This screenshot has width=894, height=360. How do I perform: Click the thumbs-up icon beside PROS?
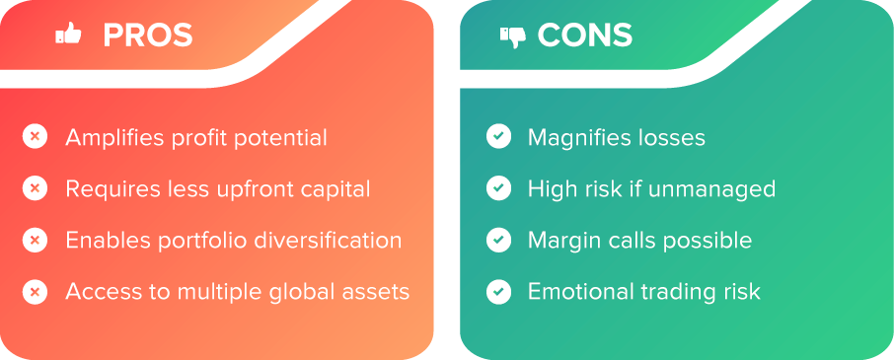(x=68, y=36)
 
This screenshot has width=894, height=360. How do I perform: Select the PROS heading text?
(x=148, y=36)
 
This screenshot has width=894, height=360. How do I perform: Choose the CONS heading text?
(x=585, y=36)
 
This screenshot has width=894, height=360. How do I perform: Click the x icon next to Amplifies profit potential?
(x=35, y=137)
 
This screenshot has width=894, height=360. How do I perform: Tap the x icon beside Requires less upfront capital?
(x=35, y=188)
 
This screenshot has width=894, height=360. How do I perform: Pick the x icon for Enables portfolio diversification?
(x=35, y=240)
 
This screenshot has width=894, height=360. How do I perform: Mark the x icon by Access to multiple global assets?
(x=35, y=292)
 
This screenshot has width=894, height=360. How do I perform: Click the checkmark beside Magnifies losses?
(x=499, y=137)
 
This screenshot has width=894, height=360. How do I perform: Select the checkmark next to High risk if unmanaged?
(x=499, y=188)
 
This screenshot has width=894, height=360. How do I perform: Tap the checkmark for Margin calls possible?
(x=499, y=240)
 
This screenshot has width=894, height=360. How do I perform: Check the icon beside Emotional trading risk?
(x=499, y=292)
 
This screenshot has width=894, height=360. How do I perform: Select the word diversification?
(x=328, y=240)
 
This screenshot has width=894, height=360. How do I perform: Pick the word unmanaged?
(x=712, y=189)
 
